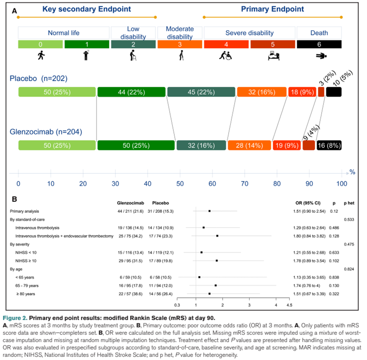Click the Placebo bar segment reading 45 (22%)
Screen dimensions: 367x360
pyautogui.click(x=201, y=92)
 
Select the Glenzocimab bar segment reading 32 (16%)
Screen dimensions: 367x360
pyautogui.click(x=201, y=145)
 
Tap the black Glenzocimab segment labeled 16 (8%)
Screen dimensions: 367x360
pyautogui.click(x=329, y=145)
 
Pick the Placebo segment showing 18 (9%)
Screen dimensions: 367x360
pyautogui.click(x=302, y=92)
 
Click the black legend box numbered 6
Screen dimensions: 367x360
pyautogui.click(x=319, y=44)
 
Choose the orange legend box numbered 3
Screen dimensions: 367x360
pyautogui.click(x=180, y=44)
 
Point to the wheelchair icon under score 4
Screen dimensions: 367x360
pyautogui.click(x=226, y=55)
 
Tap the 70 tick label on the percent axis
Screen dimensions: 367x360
pyautogui.click(x=245, y=184)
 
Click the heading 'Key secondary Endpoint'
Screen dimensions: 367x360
pyautogui.click(x=87, y=9)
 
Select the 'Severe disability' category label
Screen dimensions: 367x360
pyautogui.click(x=249, y=33)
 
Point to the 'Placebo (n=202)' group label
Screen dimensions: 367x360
pyautogui.click(x=38, y=78)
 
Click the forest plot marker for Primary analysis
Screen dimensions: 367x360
pyautogui.click(x=209, y=211)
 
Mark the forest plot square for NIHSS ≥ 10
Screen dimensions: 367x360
pyautogui.click(x=217, y=261)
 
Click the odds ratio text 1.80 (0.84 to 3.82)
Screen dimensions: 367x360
pyautogui.click(x=309, y=236)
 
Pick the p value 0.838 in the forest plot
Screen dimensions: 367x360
pyautogui.click(x=334, y=278)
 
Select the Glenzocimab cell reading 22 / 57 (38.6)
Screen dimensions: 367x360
pyautogui.click(x=131, y=294)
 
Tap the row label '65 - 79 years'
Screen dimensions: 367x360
pyautogui.click(x=27, y=286)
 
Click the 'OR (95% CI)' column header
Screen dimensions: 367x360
pyautogui.click(x=308, y=203)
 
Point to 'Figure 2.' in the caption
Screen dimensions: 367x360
pyautogui.click(x=15, y=318)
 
